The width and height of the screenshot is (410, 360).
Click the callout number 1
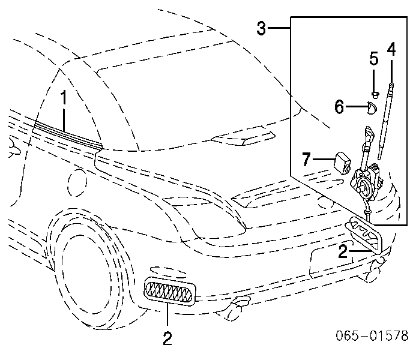64,98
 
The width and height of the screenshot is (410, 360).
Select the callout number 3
261,28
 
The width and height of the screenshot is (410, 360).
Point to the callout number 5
374,58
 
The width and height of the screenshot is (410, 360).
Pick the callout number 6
339,107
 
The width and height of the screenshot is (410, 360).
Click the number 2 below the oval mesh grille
167,338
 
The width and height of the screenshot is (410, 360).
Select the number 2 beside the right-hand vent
343,251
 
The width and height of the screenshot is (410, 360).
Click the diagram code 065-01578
372,335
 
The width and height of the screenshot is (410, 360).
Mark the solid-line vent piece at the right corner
364,235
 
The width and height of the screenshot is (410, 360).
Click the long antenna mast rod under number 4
385,121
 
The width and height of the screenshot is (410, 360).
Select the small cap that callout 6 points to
372,108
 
